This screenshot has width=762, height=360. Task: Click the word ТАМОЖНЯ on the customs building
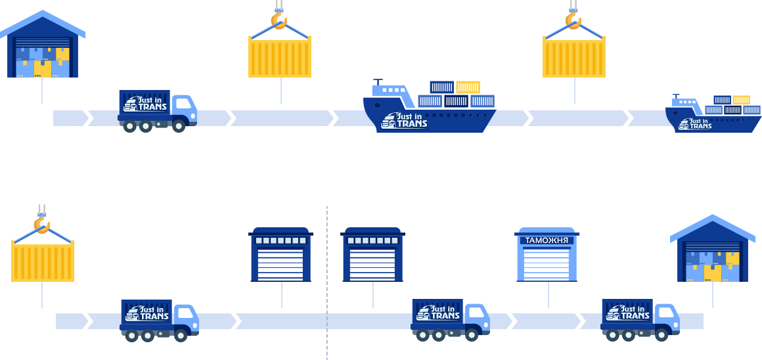pyautogui.click(x=547, y=240)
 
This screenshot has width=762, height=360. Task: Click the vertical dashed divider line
pyautogui.click(x=327, y=282)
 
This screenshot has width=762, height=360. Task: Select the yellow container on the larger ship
pyautogui.click(x=468, y=87)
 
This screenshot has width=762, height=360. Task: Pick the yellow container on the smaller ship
pyautogui.click(x=741, y=100)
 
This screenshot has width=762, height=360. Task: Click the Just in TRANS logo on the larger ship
pyautogui.click(x=404, y=120)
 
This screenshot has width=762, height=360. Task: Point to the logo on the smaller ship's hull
pyautogui.click(x=695, y=124)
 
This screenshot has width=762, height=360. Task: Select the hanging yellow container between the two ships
pyautogui.click(x=574, y=57)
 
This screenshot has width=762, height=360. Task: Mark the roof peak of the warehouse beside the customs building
pyautogui.click(x=713, y=215)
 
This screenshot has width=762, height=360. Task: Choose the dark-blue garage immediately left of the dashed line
pyautogui.click(x=281, y=254)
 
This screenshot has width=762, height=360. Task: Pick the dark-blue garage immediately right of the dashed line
pyautogui.click(x=372, y=254)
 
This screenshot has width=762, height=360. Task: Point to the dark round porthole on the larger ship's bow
pyautogui.click(x=377, y=105)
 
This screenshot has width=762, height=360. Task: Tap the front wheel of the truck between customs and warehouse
pyautogui.click(x=661, y=335)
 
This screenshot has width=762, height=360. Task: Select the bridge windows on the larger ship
pyautogui.click(x=393, y=90)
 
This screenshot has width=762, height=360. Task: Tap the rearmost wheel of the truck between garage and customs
pyautogui.click(x=422, y=335)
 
